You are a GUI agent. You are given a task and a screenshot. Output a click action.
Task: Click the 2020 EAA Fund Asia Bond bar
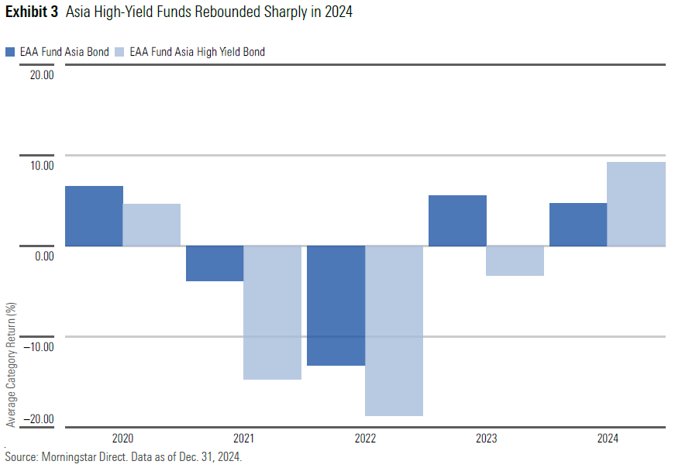[94, 216]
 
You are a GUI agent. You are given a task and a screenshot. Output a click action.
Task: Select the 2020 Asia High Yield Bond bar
[152, 225]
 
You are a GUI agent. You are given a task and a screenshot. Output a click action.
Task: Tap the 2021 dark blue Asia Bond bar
[215, 263]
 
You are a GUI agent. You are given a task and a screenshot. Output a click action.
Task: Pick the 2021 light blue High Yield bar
[273, 312]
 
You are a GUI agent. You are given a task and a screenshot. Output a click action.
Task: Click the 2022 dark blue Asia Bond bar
[336, 305]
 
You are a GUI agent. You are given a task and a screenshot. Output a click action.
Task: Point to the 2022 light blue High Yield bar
[394, 331]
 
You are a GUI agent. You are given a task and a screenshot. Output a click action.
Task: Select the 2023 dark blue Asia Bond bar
[457, 221]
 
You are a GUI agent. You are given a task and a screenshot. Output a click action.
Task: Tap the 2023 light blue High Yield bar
[515, 261]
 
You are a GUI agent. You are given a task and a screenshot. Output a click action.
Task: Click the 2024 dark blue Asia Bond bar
[578, 225]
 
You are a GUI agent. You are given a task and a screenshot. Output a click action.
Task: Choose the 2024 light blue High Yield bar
[636, 204]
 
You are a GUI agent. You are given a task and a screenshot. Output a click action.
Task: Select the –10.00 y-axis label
[40, 346]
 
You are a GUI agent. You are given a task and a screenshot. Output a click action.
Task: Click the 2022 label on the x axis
[365, 439]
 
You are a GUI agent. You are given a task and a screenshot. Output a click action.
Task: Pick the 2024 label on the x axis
[608, 439]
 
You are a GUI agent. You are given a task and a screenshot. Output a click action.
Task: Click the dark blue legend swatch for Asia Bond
[10, 52]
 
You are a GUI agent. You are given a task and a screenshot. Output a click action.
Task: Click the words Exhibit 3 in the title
[32, 13]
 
